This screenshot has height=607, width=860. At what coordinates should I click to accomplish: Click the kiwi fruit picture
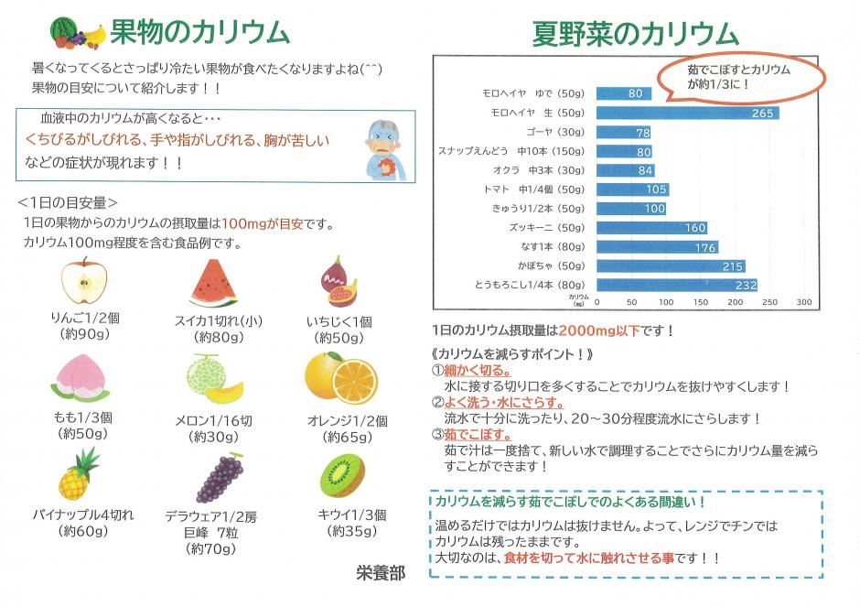click(343, 473)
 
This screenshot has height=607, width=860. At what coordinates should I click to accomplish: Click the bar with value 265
click(687, 113)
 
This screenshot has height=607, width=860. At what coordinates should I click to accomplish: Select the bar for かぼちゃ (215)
click(671, 266)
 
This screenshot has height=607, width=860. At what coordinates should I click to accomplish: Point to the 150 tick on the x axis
click(700, 301)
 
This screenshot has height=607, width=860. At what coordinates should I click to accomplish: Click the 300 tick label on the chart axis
click(803, 301)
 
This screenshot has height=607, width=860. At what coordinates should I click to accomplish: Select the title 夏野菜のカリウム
click(636, 35)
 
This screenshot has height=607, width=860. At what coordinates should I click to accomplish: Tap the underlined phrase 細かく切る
click(475, 370)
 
